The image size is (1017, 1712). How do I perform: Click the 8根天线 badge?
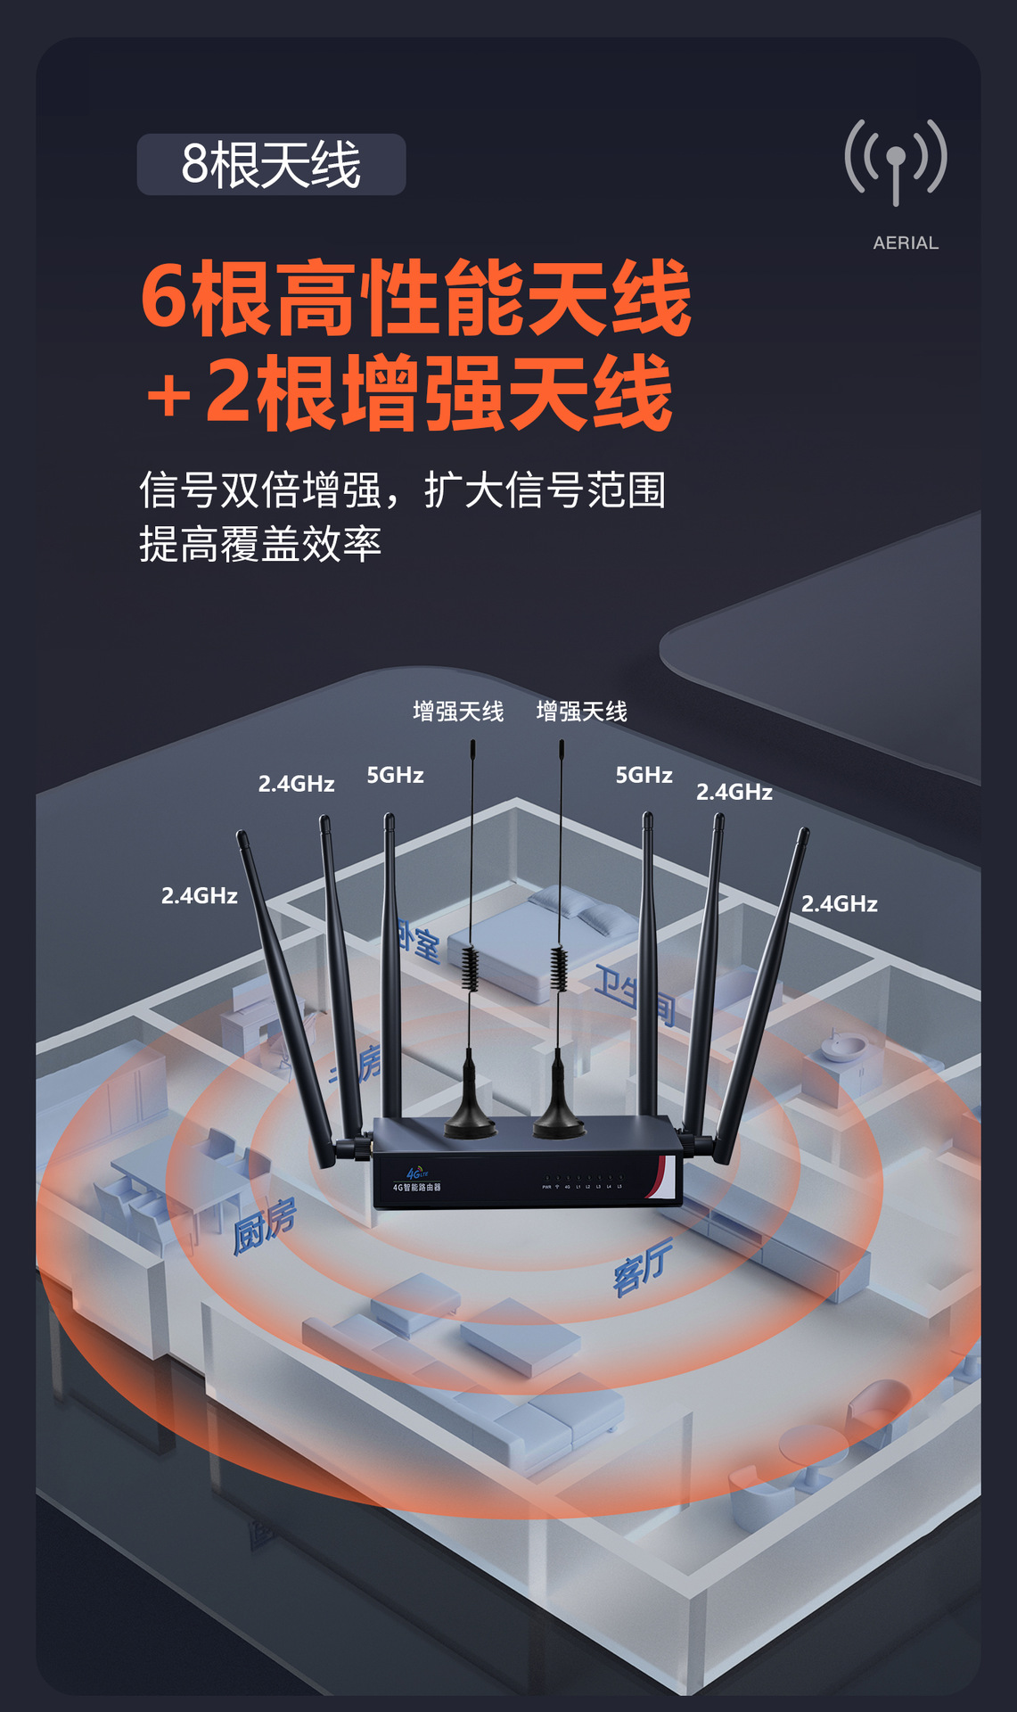click(x=271, y=165)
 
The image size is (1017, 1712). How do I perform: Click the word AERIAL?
click(x=906, y=243)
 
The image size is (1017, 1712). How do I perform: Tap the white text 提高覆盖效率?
click(x=260, y=544)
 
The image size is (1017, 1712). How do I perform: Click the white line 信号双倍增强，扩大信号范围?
click(x=402, y=490)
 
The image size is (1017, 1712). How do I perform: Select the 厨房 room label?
click(x=264, y=1226)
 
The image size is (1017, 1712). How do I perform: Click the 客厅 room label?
click(x=642, y=1266)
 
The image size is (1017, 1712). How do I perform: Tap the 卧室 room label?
click(x=418, y=943)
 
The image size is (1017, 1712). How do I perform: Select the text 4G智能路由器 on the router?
click(x=416, y=1188)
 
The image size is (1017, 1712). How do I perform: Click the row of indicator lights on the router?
click(x=583, y=1179)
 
